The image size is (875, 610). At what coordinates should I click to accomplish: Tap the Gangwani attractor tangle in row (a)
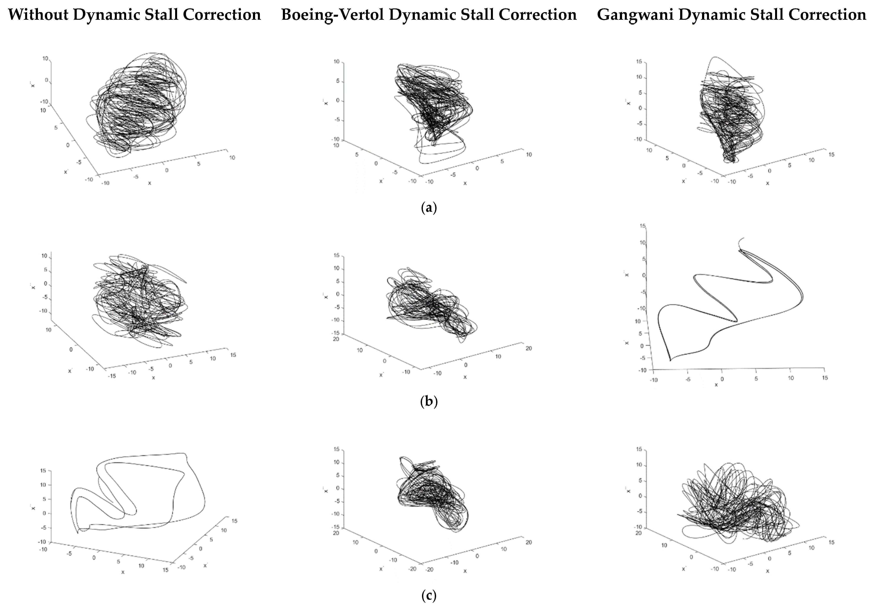coord(728,114)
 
